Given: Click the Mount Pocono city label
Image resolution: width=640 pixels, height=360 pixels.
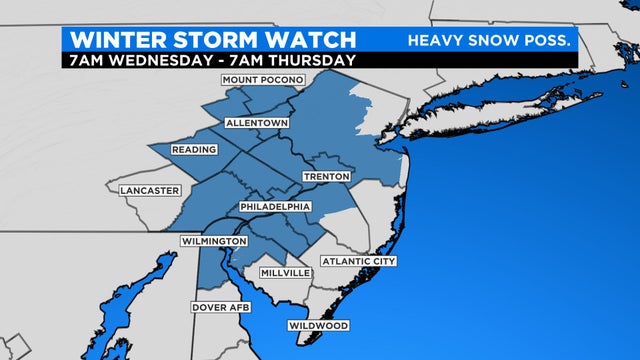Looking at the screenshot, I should pos(261,80).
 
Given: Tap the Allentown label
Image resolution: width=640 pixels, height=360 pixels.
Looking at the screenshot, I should pos(257,123).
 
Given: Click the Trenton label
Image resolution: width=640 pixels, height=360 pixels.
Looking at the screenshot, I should pos(327,177).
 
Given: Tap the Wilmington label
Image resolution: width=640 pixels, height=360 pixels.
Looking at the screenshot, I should pos(213,242).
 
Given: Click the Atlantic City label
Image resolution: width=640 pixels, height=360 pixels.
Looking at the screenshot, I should pos(358,262).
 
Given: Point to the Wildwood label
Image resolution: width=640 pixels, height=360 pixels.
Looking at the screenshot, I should pos(318,326).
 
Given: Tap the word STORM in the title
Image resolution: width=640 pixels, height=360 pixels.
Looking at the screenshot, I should pos(223,39).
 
